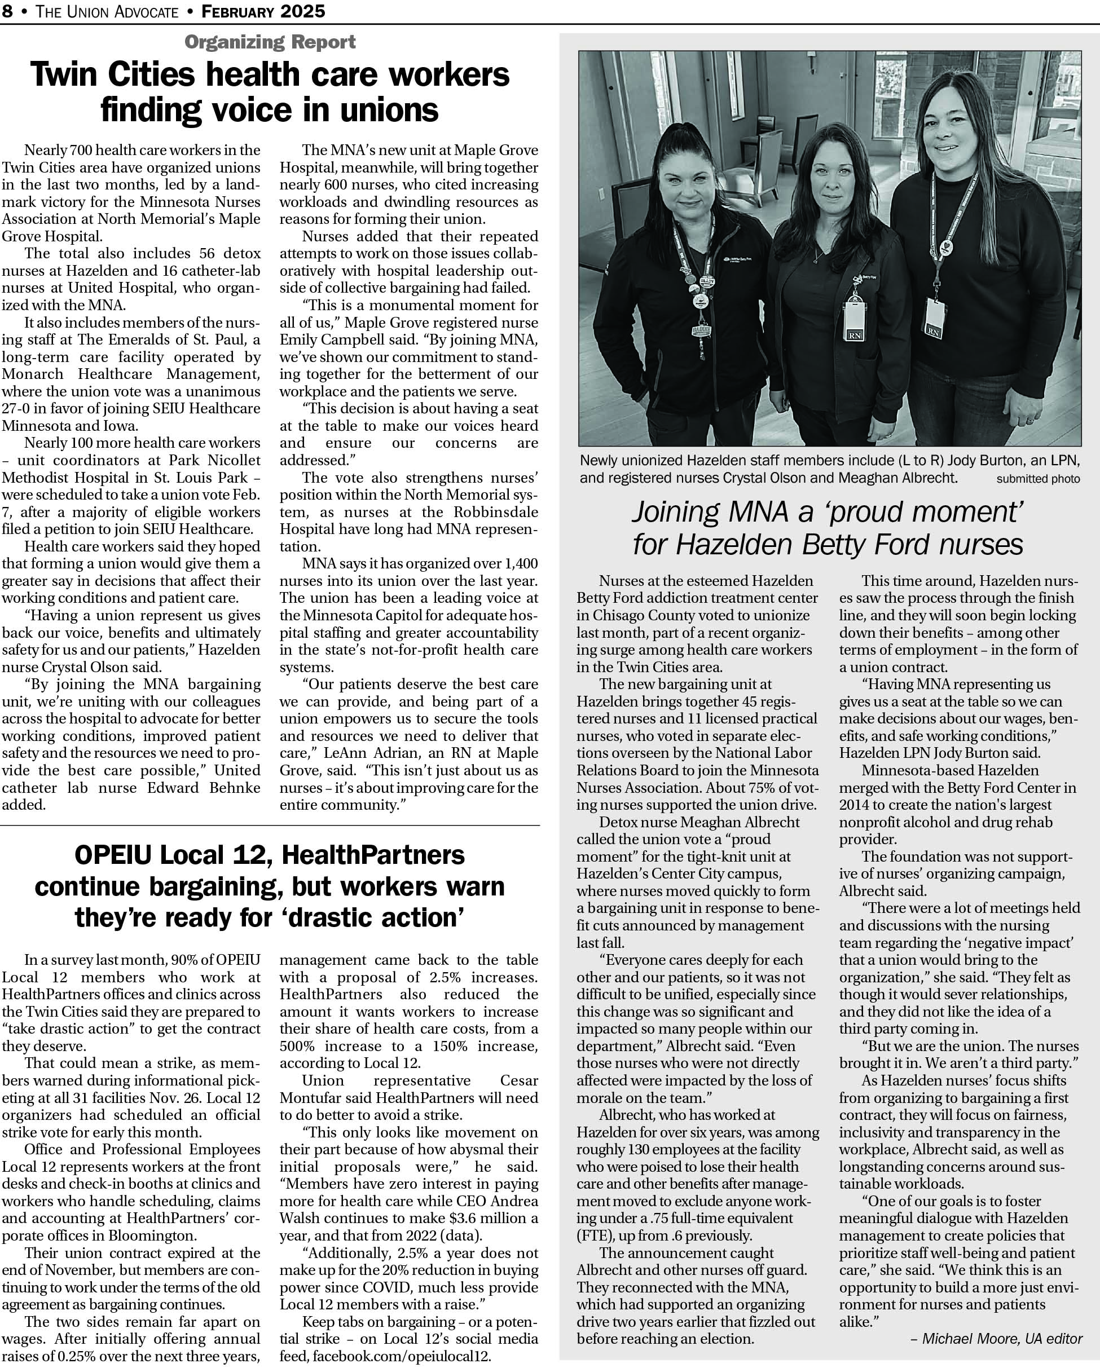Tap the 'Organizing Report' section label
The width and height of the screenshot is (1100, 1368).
point(270,42)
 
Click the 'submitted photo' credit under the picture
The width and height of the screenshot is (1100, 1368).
point(1038,479)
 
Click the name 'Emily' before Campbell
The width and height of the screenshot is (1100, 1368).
point(303,339)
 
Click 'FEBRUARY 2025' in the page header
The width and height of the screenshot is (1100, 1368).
point(263,11)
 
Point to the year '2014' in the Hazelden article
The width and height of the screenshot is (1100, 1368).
point(855,805)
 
